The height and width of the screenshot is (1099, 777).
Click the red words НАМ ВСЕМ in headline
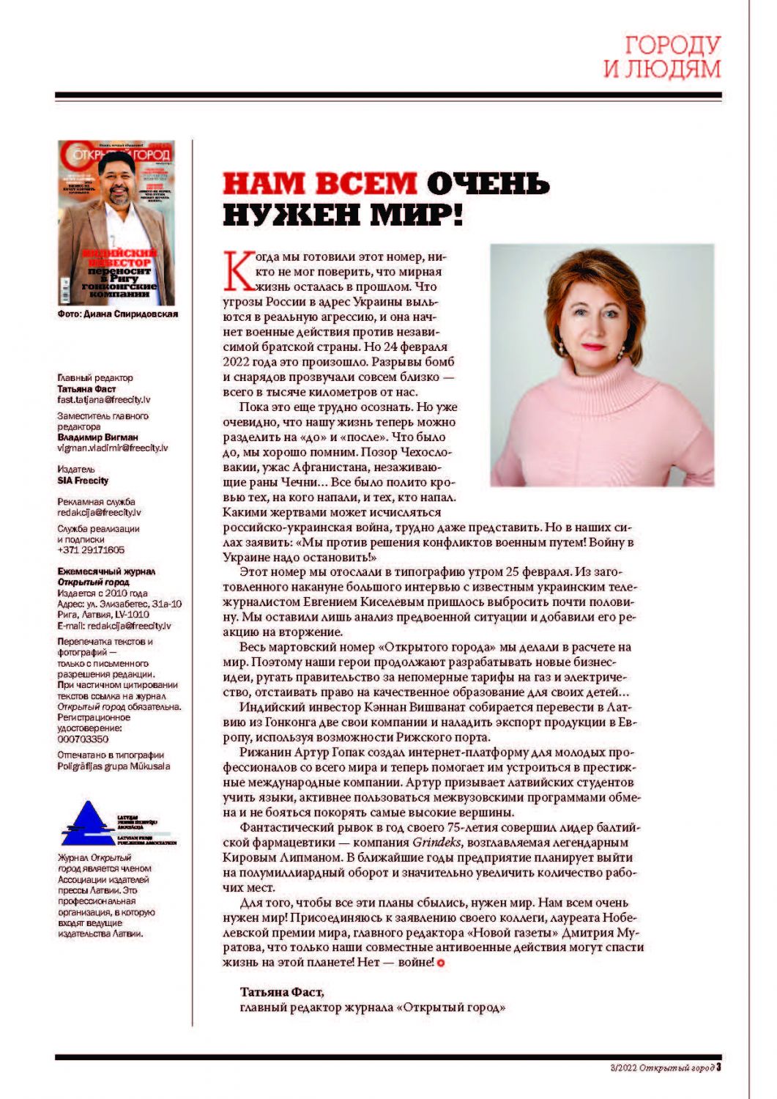tap(319, 184)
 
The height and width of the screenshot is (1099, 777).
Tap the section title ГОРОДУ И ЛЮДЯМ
tap(662, 56)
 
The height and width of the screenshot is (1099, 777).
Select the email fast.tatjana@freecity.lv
tap(104, 400)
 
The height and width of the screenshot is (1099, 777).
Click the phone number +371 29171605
tap(91, 549)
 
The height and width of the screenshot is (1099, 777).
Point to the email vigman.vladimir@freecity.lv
tap(113, 448)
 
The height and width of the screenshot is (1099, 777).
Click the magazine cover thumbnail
tap(116, 223)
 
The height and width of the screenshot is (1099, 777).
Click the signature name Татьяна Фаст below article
tap(281, 992)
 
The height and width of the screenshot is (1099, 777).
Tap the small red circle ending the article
tap(441, 963)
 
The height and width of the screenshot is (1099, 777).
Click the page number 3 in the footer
tap(718, 1067)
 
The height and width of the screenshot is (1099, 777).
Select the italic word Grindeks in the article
tap(436, 843)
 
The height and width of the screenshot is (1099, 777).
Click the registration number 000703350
tap(83, 739)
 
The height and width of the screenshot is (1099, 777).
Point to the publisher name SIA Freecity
tap(83, 481)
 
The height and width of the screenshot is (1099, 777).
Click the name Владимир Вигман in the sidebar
tap(97, 437)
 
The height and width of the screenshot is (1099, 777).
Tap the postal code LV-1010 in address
tap(133, 615)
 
